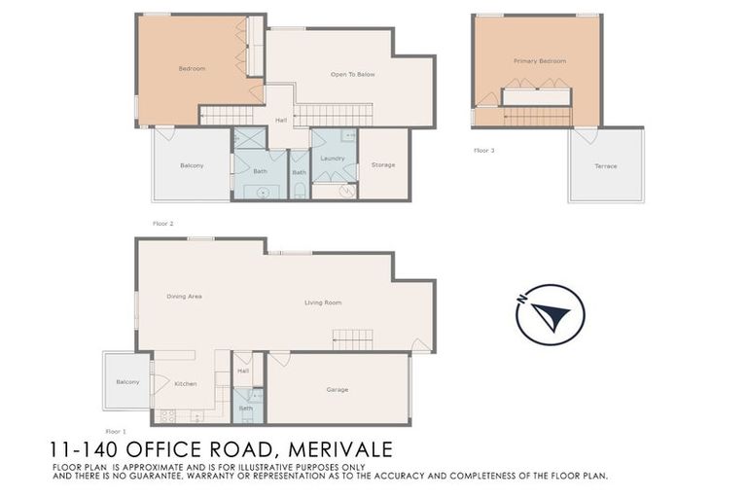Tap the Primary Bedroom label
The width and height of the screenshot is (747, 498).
tap(539, 61)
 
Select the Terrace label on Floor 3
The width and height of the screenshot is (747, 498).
tap(605, 166)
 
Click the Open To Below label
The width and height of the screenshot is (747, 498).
tap(352, 74)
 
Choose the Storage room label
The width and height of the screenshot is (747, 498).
tap(383, 165)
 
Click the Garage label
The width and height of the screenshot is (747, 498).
tap(337, 390)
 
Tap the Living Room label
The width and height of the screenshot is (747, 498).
tap(323, 302)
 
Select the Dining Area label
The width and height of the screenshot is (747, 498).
tap(184, 296)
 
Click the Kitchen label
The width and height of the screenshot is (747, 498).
tap(185, 383)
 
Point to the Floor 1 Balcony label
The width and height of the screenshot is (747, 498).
tap(127, 381)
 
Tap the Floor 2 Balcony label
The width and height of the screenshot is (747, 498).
tap(192, 165)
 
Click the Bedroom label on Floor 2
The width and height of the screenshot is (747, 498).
tap(192, 68)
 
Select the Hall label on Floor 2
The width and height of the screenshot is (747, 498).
tap(280, 120)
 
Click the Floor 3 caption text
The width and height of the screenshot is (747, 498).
tap(483, 151)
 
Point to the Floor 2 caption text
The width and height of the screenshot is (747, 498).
tap(162, 223)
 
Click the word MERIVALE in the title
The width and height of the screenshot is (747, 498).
tap(335, 451)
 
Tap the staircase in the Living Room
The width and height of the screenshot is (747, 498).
tap(352, 339)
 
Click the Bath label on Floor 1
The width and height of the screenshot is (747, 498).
tap(245, 409)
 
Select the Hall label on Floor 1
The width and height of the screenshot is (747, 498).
tap(243, 371)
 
